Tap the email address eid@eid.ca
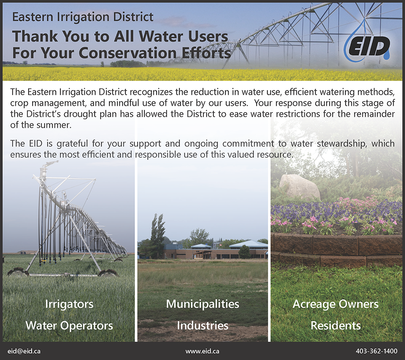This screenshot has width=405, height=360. [24, 351]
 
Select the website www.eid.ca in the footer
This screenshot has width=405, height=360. [202, 351]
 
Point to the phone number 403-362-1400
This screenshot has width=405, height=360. [377, 351]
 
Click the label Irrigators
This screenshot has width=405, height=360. [69, 304]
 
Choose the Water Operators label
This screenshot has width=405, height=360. [69, 326]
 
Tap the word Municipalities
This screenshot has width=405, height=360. [202, 304]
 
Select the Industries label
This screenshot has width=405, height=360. [202, 326]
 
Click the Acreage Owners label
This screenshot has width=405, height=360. [335, 304]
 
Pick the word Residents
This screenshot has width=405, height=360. [335, 326]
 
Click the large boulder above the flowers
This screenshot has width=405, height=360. [300, 187]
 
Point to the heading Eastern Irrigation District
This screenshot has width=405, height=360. [83, 17]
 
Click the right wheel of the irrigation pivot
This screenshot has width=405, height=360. [108, 273]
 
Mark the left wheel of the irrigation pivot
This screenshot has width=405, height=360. [18, 272]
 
